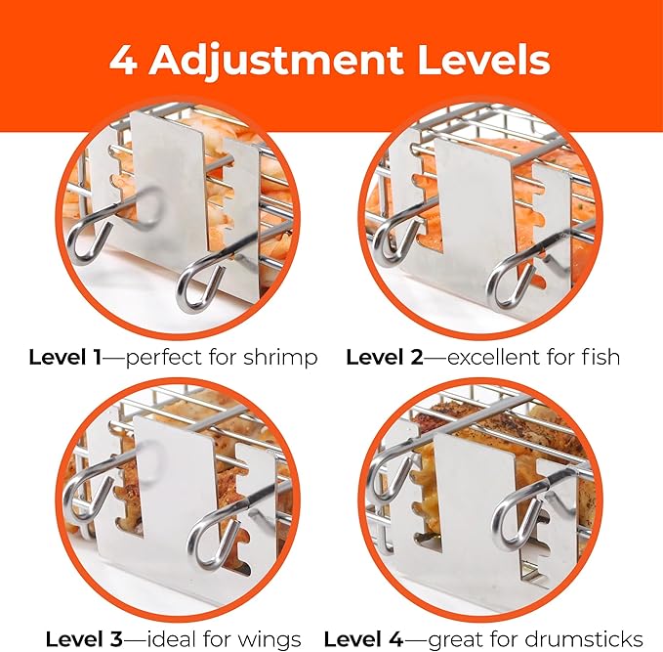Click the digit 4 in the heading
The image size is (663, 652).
pos(123,61)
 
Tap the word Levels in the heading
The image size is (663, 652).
pos(483,61)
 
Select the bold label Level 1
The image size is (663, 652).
pos(65,358)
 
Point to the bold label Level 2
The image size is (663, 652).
pos(385,358)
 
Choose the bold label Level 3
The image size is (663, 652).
pos(84,639)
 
